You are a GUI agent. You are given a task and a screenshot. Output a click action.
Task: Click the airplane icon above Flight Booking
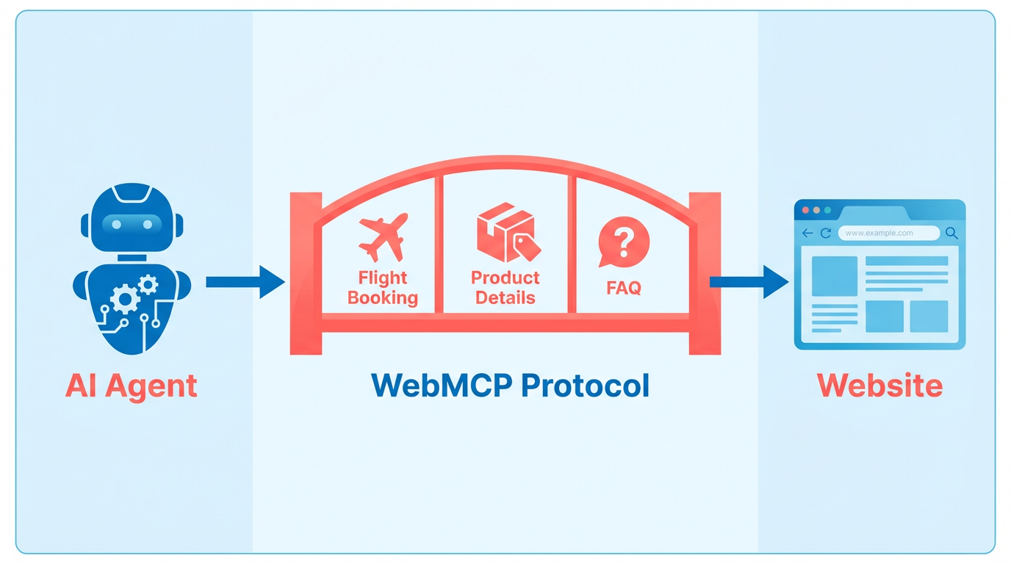pyautogui.click(x=384, y=237)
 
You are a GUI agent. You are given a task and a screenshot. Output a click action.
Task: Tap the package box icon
pyautogui.click(x=508, y=232)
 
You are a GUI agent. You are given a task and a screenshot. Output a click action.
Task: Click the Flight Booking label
pyautogui.click(x=383, y=288)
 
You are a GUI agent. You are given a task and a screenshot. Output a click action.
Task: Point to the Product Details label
pyautogui.click(x=505, y=288)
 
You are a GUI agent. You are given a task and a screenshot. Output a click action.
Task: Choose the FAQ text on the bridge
pyautogui.click(x=624, y=288)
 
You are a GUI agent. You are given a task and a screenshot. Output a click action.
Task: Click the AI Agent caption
pyautogui.click(x=132, y=386)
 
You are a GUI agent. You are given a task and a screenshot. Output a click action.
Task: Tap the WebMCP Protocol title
pyautogui.click(x=510, y=386)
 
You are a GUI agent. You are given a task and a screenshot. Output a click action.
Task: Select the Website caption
pyautogui.click(x=879, y=386)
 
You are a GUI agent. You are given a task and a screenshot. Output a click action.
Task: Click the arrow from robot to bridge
pyautogui.click(x=245, y=282)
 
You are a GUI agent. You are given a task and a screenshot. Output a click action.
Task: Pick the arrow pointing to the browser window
pyautogui.click(x=749, y=282)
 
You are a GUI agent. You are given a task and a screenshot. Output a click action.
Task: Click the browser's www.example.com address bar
pyautogui.click(x=889, y=234)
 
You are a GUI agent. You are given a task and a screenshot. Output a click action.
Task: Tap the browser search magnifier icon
pyautogui.click(x=952, y=234)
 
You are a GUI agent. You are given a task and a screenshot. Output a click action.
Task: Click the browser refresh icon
pyautogui.click(x=826, y=234)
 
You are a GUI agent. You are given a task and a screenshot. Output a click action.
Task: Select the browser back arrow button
pyautogui.click(x=807, y=234)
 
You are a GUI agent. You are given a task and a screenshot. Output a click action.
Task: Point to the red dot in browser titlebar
pyautogui.click(x=805, y=210)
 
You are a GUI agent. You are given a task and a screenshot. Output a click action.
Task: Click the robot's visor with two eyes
pyautogui.click(x=132, y=224)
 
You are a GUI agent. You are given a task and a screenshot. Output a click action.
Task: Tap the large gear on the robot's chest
pyautogui.click(x=125, y=299)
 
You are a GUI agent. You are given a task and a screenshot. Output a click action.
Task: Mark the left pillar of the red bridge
pyautogui.click(x=306, y=273)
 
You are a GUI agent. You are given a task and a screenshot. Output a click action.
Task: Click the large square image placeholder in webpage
pyautogui.click(x=835, y=276)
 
